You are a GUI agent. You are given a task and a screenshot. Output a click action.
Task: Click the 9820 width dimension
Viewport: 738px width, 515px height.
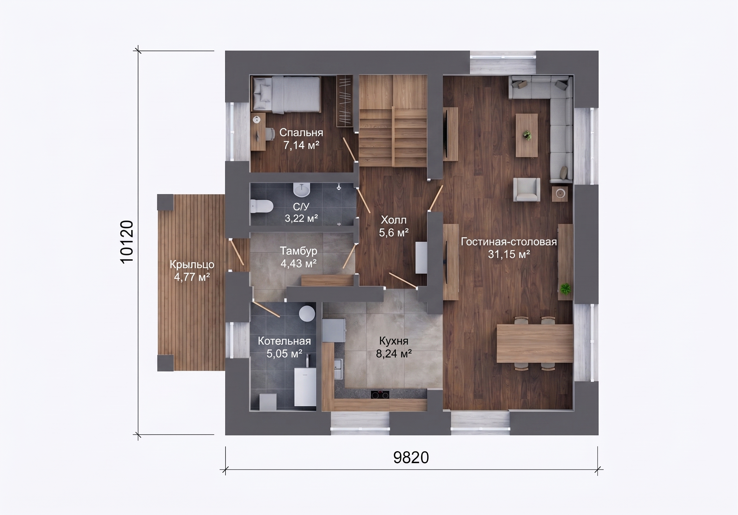[x=411, y=458]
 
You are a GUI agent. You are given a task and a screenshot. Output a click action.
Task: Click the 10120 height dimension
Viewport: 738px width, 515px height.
[x=127, y=242]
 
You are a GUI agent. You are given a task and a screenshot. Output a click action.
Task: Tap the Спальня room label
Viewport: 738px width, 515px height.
[x=301, y=132]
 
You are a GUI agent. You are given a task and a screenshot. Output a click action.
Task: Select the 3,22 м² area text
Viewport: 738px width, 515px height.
[x=301, y=218]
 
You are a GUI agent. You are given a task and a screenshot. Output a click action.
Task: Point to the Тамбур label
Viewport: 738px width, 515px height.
[x=299, y=251]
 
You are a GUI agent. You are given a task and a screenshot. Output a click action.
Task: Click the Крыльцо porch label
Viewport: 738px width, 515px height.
[x=192, y=264]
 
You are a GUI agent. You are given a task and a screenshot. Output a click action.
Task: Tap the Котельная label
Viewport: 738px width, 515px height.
[x=284, y=341]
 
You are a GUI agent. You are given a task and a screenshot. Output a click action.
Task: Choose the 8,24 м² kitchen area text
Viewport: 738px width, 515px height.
[x=394, y=354]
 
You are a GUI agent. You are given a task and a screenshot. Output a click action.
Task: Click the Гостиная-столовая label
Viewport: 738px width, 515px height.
[x=509, y=242]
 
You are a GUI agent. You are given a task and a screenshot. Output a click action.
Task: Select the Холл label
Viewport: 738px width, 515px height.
[x=394, y=220]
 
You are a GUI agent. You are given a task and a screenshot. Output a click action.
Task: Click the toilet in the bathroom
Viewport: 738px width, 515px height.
[x=261, y=206]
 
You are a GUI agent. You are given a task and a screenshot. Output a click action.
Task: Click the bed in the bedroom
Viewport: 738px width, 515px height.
[x=287, y=94]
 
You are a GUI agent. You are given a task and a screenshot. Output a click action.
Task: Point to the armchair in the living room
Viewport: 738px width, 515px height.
[x=527, y=190]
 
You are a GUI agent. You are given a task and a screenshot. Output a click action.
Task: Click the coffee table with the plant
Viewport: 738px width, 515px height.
[x=527, y=135]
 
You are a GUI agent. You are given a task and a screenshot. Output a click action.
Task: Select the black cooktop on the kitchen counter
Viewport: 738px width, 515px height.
[x=380, y=395]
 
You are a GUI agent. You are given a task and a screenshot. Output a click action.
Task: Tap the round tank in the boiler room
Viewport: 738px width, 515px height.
[x=307, y=313]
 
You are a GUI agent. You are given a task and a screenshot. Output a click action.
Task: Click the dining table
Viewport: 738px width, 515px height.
[x=535, y=343]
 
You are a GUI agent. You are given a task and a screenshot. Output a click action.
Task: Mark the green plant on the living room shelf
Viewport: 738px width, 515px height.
[x=565, y=288]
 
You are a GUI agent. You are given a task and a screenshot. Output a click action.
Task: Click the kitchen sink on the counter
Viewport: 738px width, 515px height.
[x=338, y=369]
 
